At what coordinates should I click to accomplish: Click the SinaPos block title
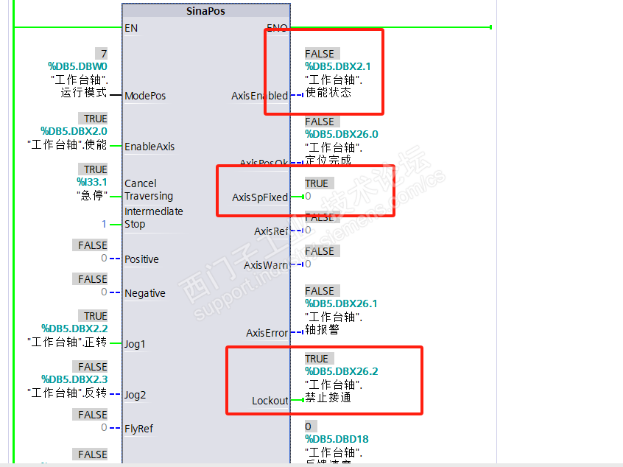(x=206, y=12)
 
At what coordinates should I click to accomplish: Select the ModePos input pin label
(x=145, y=96)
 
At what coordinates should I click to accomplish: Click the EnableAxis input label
(x=149, y=147)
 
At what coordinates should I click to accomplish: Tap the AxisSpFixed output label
(x=260, y=197)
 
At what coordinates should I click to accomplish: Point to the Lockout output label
(x=270, y=401)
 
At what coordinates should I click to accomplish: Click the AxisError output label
(x=267, y=333)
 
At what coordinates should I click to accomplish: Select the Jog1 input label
(x=135, y=344)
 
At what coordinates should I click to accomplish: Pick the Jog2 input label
(x=135, y=395)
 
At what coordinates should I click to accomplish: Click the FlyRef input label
(x=138, y=429)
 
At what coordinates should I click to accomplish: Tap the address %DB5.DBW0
(x=77, y=66)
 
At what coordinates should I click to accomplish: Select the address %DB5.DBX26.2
(x=342, y=371)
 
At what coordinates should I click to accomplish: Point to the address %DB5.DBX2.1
(x=338, y=66)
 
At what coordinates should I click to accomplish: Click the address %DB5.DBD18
(x=337, y=440)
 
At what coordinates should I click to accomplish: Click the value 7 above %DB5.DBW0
(x=104, y=54)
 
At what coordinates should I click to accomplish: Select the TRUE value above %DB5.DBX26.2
(x=317, y=359)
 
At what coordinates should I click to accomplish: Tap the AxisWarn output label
(x=266, y=265)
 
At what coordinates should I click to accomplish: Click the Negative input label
(x=144, y=293)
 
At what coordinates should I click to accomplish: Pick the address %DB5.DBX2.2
(x=74, y=329)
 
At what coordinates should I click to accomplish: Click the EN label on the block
(x=131, y=28)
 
